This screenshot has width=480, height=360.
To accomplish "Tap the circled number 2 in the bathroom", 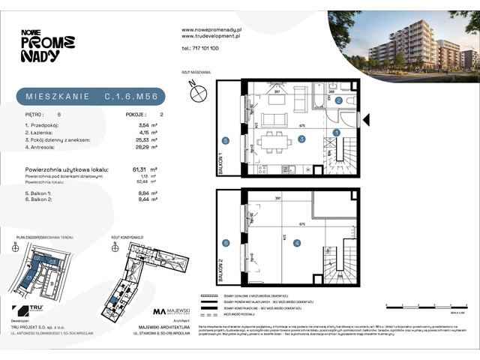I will [x=339, y=100].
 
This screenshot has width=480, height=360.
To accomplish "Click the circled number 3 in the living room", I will [x=301, y=139].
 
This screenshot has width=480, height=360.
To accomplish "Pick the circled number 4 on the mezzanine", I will [x=297, y=242].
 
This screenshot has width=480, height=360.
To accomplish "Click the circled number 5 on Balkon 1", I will [x=225, y=140].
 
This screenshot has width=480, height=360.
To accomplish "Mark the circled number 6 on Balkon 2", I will [x=225, y=242].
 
